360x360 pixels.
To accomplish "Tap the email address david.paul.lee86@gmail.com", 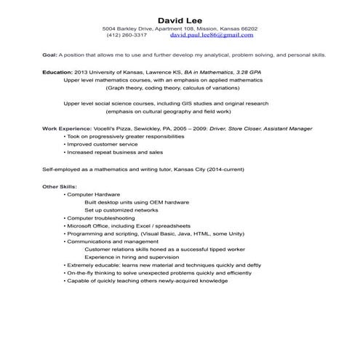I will [212, 34].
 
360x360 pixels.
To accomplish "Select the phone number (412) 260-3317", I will [127, 34].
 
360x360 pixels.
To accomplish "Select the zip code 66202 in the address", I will [247, 28].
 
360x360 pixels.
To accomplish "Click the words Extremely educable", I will [91, 265].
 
